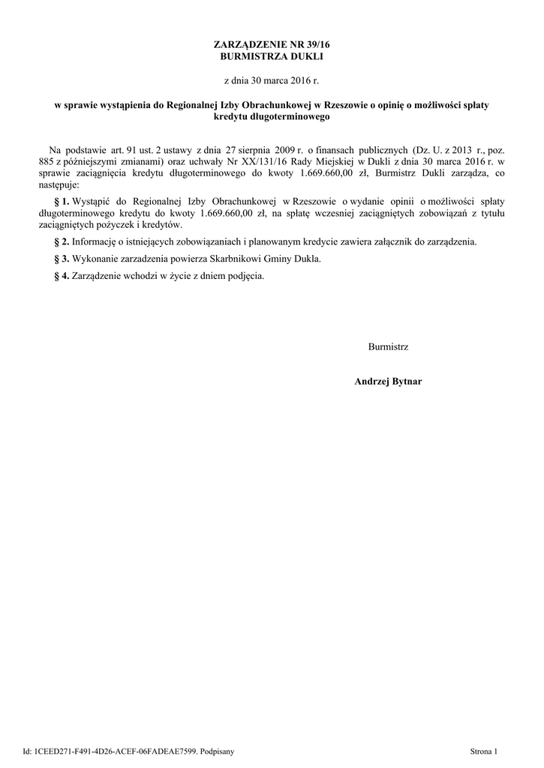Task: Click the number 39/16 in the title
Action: tap(316, 46)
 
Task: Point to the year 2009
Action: tap(288, 150)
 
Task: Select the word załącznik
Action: tap(398, 242)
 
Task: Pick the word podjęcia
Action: tap(247, 275)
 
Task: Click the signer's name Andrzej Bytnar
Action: tap(388, 382)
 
